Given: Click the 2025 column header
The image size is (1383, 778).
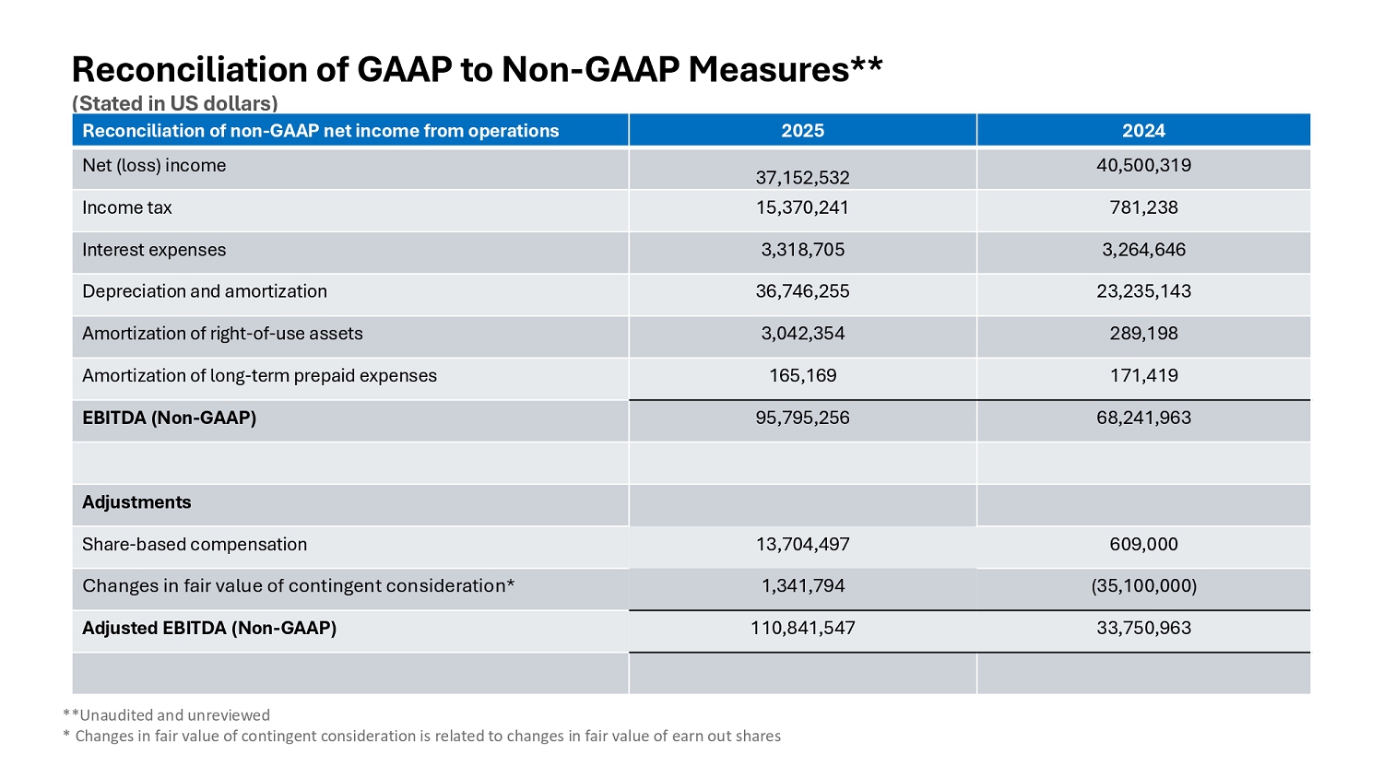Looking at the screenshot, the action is pos(803,131).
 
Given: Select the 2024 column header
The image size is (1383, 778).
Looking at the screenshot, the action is pos(1143,131).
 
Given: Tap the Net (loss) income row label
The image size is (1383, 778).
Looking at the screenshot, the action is pos(154,166).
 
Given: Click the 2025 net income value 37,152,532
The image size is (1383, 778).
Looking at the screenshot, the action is pos(803,178).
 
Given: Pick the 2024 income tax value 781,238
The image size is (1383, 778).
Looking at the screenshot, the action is pos(1143,207).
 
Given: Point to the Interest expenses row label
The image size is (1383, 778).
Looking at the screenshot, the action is pos(154,250).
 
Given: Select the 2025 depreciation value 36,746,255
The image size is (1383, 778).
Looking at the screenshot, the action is pos(803,291).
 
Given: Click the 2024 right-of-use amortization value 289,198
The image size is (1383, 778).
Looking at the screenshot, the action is pos(1143,334).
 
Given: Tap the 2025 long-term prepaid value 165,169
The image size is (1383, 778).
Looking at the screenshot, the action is pos(803,375).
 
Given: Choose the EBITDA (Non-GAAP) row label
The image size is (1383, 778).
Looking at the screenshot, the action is pos(169,418).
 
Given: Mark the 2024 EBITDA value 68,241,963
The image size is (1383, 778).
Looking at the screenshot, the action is pos(1143,418).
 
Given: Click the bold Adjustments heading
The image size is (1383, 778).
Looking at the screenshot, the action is pos(136,502).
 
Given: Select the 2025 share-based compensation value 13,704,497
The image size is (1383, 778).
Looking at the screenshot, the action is pos(803,544).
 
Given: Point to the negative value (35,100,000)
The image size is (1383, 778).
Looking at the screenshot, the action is pos(1143,586).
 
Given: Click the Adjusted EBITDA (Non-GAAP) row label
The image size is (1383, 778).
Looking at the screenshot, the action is pos(209,628).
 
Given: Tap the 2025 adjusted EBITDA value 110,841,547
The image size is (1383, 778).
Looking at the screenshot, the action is pos(803,628).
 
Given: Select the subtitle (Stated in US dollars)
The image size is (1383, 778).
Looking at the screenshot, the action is pos(175,103).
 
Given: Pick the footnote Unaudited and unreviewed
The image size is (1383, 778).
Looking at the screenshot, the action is pos(175,715).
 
